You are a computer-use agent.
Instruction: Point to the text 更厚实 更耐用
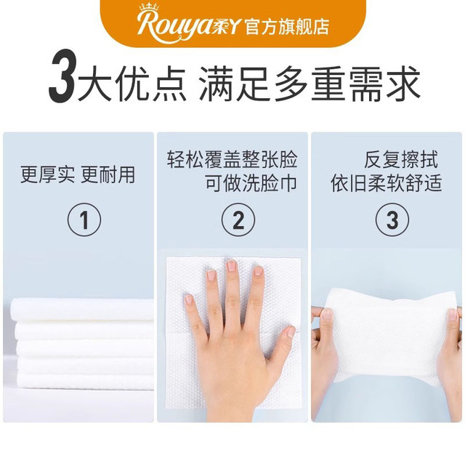[x=77, y=175]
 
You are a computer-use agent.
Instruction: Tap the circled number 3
[x=387, y=219]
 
